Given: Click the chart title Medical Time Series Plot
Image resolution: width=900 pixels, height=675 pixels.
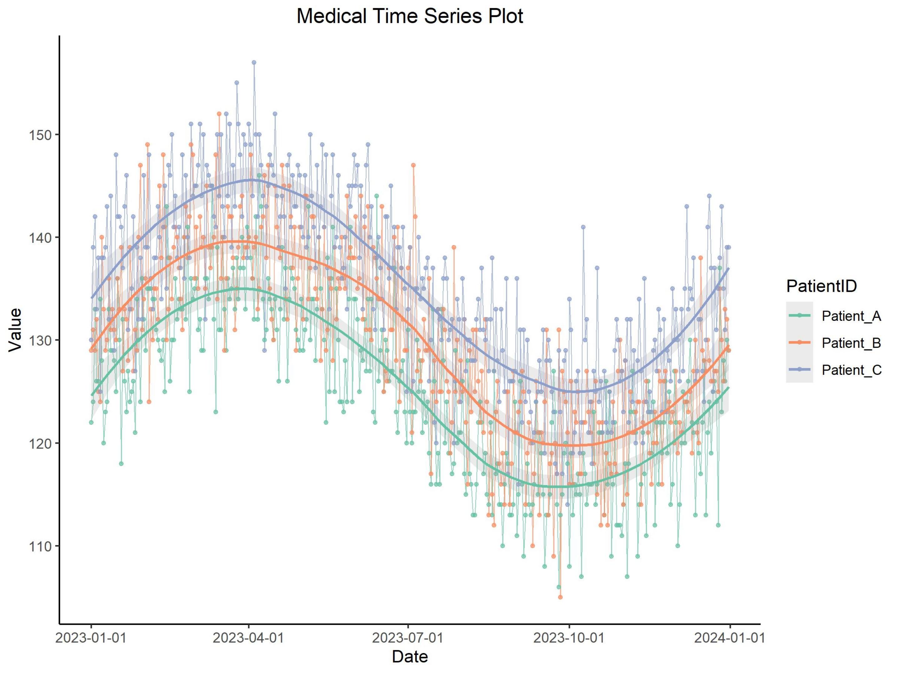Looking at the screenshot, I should coord(409,17).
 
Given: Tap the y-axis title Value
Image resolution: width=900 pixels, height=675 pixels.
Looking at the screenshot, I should coord(15,330).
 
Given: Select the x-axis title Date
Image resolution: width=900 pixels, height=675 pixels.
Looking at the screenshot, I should coord(409,657).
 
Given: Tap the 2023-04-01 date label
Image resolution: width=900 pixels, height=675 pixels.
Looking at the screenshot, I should coord(249,637).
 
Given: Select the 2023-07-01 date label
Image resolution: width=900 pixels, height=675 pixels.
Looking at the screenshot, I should coord(408,637).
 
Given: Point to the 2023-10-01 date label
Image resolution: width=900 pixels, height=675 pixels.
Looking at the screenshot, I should coord(569,637).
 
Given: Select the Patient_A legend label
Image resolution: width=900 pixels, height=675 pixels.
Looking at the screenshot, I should coord(851,316).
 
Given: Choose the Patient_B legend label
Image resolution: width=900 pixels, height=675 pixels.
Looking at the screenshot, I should coord(851,343).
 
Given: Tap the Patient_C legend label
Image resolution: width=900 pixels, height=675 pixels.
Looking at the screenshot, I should coord(852,370).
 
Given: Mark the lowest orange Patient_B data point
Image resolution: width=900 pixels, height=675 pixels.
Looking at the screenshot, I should coord(560,597).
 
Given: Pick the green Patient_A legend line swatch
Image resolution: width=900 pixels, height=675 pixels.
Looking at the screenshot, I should coord(799,315).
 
